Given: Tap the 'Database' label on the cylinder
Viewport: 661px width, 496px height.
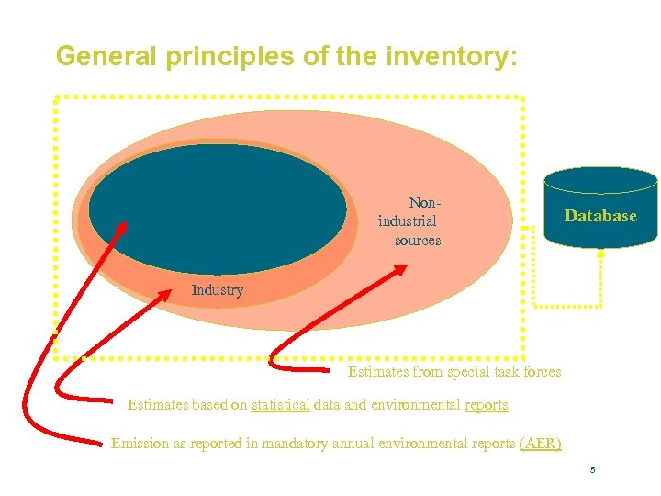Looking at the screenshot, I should (x=599, y=216).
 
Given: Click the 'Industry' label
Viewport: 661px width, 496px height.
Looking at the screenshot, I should (x=218, y=290).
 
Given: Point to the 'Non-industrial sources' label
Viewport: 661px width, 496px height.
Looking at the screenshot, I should (x=409, y=220).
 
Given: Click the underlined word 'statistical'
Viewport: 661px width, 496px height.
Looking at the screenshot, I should (x=280, y=405).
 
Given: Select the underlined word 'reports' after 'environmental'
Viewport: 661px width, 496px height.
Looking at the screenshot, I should (x=486, y=405).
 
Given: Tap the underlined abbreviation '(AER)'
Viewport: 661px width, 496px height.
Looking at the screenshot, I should (x=540, y=444).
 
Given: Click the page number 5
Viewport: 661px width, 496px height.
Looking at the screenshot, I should (x=593, y=470).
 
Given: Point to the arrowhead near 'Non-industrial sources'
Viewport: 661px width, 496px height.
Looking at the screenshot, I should (x=400, y=269).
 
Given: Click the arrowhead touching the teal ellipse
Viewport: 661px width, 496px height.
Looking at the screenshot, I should (x=125, y=223).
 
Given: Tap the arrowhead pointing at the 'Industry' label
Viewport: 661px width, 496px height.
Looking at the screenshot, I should (x=165, y=294).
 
